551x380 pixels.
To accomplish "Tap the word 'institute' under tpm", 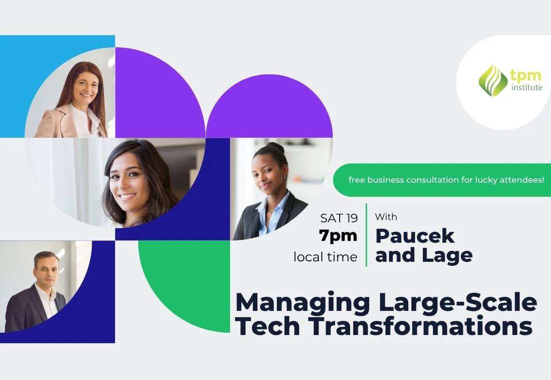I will coord(526,87).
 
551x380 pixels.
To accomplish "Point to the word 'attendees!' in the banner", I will coord(525,180).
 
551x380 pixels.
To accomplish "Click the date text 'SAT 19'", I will coord(339,218).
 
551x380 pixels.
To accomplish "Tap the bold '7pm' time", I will coord(338,236).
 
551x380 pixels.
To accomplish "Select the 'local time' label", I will coord(326,257).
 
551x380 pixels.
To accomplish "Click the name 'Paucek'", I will coord(415,236).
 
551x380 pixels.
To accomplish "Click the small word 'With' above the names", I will coord(386,217).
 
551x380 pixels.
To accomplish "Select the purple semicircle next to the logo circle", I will coord(269,107).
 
